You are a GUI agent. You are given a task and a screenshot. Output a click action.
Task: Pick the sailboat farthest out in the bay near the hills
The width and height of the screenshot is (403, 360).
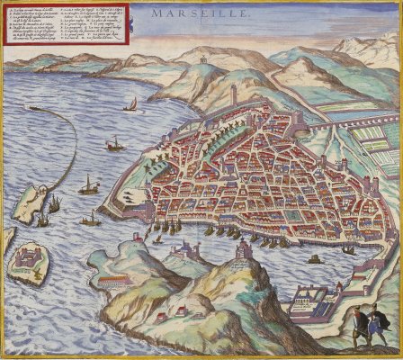click(131, 104)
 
